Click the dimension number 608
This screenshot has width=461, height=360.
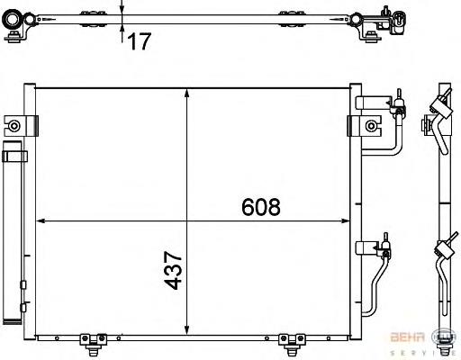tap(261, 206)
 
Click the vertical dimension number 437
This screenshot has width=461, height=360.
tap(176, 269)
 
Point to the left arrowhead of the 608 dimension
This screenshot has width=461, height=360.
tap(40, 220)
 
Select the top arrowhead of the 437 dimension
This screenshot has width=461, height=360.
tap(186, 92)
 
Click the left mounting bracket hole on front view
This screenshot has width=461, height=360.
tap(15, 124)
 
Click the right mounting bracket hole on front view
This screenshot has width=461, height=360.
tap(370, 124)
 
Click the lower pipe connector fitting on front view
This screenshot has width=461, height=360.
tap(384, 245)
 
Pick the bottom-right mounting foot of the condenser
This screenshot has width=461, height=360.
tap(289, 339)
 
